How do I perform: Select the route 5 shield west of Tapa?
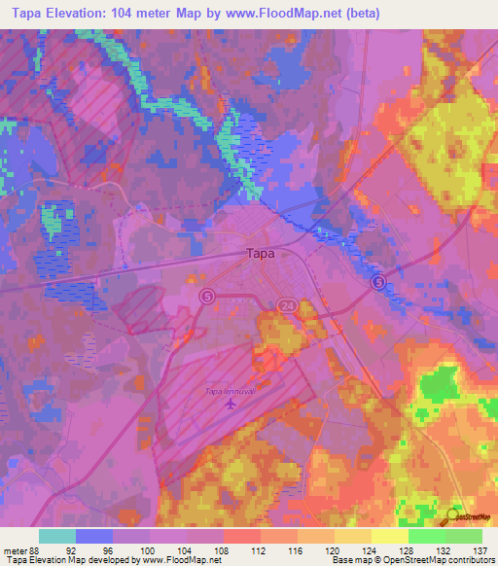pos(206,295)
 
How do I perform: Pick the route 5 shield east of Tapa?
pos(378,281)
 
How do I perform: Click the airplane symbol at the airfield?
pos(231,405)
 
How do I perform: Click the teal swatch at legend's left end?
pos(57,535)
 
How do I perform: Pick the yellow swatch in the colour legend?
pos(353,535)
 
